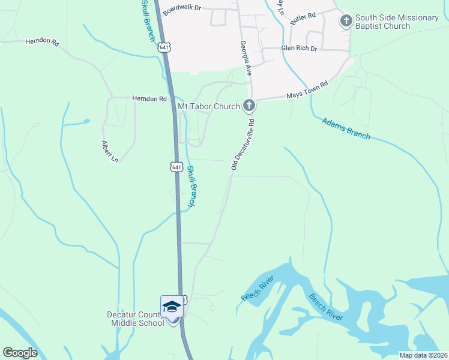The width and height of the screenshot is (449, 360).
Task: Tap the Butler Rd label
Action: coord(303,19)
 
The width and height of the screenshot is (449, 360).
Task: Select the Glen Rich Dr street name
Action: coord(298,49)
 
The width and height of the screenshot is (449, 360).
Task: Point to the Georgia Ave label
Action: coord(245,56)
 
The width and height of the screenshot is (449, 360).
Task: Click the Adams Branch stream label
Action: coord(346,128)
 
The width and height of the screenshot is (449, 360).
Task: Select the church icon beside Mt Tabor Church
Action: coord(249,107)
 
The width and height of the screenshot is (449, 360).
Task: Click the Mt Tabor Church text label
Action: coord(209,107)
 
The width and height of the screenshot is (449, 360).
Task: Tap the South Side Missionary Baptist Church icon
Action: coord(346,22)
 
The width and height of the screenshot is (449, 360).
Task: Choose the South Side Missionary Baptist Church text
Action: coord(397,22)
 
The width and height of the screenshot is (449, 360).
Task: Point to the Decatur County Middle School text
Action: coord(135,319)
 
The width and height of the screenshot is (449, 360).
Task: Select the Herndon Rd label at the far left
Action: coord(43,42)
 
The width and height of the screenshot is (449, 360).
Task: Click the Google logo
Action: coord(20,352)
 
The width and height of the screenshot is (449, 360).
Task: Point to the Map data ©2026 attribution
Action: coord(423,355)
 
